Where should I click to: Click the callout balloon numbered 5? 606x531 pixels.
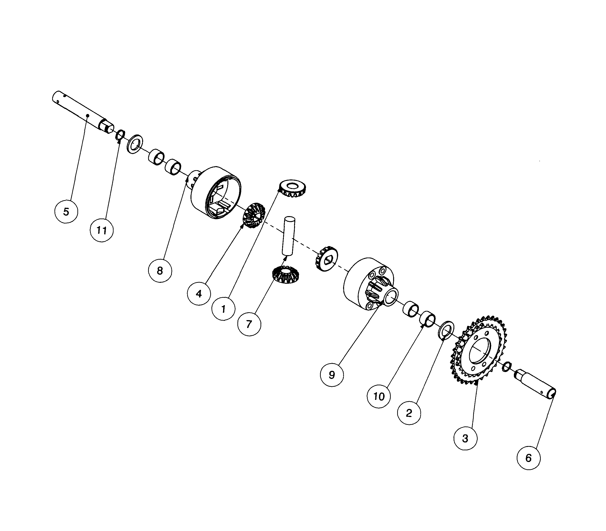66,212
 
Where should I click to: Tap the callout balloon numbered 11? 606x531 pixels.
101,230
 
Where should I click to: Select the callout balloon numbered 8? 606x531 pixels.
160,271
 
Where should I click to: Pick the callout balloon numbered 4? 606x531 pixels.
199,294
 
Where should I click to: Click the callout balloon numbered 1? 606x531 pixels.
223,309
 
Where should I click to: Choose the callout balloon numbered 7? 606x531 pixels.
249,324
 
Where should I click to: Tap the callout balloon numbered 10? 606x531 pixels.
379,397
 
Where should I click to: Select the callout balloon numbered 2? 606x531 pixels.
409,413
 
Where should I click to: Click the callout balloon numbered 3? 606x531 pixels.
465,438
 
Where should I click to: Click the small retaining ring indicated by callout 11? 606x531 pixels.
120,135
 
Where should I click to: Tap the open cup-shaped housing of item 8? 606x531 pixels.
216,193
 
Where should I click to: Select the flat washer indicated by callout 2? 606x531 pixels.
446,329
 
